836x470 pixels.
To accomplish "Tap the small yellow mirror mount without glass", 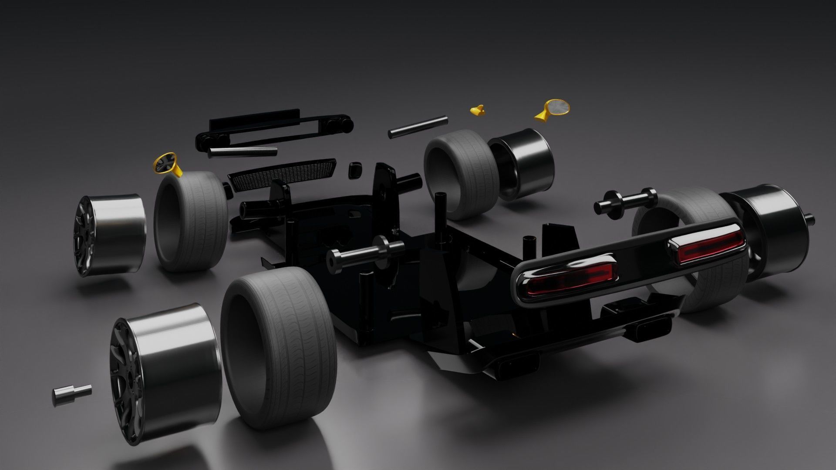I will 478,111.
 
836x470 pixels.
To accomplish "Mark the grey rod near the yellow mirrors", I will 418,126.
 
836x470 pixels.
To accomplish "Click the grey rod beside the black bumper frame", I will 243,152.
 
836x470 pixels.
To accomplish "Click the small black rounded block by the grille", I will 355,170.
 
